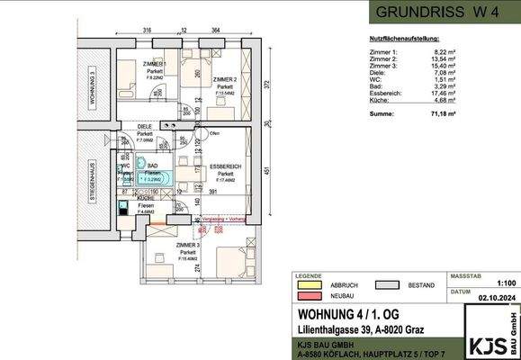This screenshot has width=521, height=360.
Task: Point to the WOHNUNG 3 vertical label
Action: pos(91,86)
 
